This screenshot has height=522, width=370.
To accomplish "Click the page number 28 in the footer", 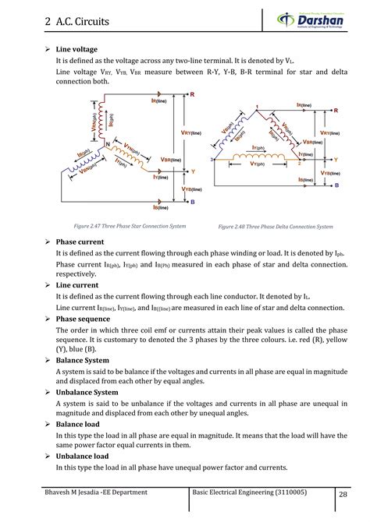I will [x=343, y=495].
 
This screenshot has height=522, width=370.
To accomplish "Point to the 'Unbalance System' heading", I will [x=87, y=393].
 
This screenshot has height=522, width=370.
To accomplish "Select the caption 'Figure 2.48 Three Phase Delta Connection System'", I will [x=276, y=227].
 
